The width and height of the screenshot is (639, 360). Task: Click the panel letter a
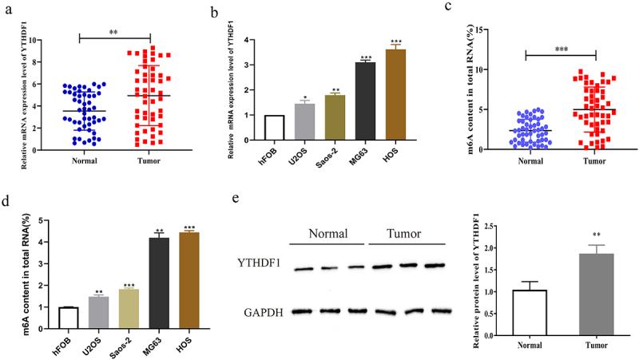point(7,12)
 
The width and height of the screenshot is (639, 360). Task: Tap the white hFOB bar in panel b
point(274,128)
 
